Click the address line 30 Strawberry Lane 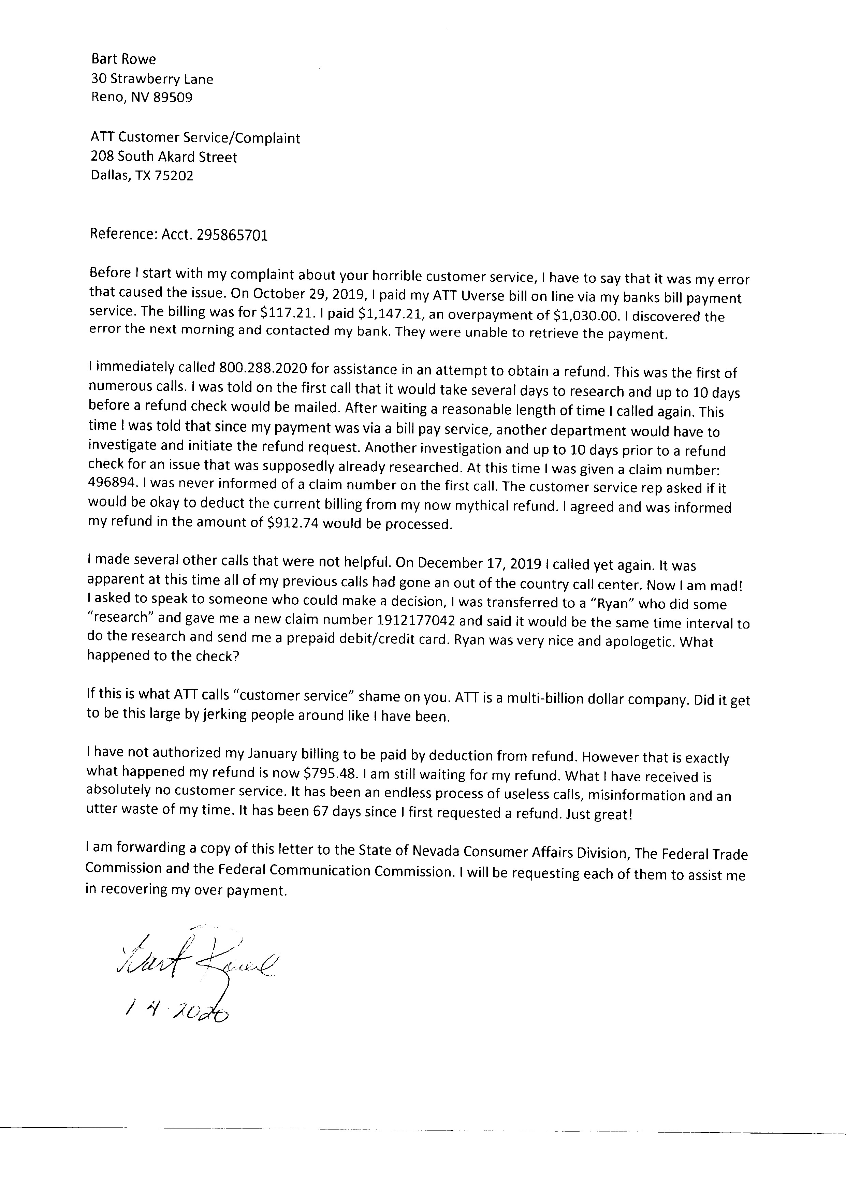[x=151, y=79]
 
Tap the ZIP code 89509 [x=172, y=98]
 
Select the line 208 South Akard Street [x=164, y=157]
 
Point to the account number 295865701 [x=232, y=235]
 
